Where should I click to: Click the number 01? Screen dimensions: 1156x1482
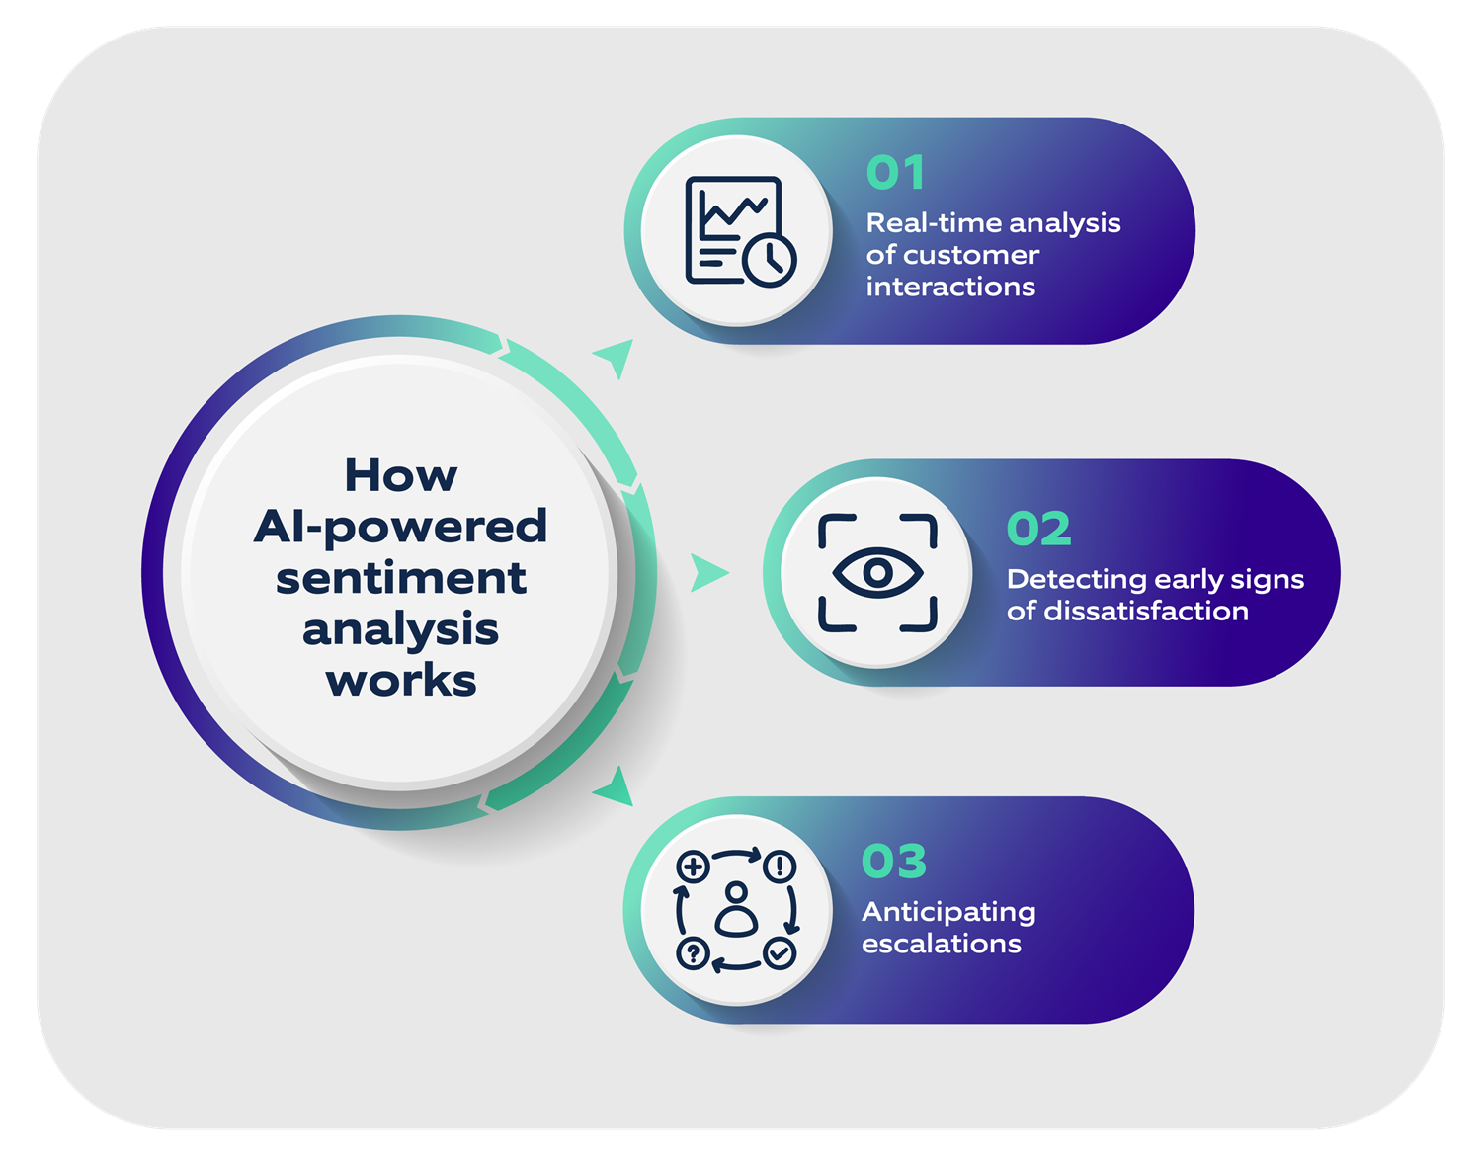(x=895, y=173)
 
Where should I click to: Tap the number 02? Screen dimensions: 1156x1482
(x=1038, y=529)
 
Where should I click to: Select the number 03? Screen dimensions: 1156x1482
(x=894, y=861)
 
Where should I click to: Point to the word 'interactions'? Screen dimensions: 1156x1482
(x=950, y=287)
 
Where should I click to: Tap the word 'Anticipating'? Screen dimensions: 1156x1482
(x=948, y=912)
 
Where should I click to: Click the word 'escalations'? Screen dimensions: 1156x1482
(x=941, y=944)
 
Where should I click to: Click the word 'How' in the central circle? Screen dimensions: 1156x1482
(x=400, y=475)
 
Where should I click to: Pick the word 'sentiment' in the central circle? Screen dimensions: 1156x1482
(x=400, y=578)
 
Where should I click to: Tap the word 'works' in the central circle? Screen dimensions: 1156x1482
(x=400, y=681)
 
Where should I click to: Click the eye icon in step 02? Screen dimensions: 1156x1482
(x=877, y=572)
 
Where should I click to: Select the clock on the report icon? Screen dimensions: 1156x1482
(x=770, y=260)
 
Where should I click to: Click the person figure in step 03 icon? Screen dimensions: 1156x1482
(x=736, y=910)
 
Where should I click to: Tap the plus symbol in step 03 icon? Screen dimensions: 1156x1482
(x=693, y=867)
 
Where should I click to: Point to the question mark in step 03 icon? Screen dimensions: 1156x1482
(x=693, y=953)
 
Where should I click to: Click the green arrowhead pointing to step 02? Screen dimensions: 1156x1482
(x=707, y=572)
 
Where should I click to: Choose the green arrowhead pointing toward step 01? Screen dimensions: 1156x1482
(x=617, y=356)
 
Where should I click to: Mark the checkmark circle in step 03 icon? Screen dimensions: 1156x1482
(x=780, y=953)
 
